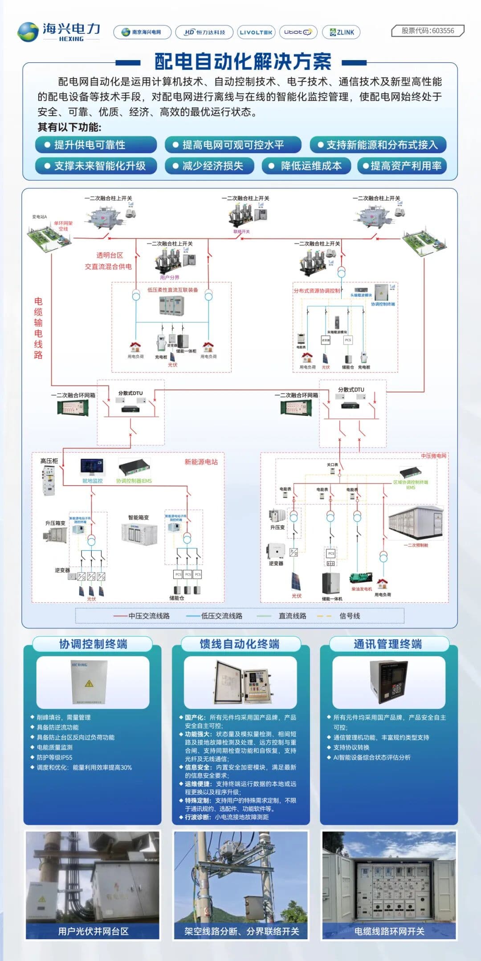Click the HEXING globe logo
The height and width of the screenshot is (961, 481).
pos(28,32)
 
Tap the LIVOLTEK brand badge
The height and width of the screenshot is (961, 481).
pos(256,32)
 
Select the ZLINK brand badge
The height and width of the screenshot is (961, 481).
pos(341,32)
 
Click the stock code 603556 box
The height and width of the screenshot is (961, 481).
pos(428,31)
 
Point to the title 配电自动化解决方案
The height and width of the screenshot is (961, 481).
pos(243,62)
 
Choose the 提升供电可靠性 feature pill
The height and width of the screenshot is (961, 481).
pos(96,145)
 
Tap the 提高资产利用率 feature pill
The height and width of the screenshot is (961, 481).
pos(402,166)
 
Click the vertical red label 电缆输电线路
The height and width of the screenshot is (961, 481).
pos(38,328)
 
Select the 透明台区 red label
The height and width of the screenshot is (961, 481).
pos(110,255)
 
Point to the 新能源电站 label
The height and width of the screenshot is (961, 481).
pos(201,462)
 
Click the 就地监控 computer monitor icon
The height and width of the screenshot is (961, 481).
pos(92,467)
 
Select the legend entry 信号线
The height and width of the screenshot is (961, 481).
pos(349,616)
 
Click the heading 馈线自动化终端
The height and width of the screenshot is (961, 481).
pos(240,644)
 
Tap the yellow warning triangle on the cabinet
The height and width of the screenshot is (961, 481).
pos(89,683)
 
